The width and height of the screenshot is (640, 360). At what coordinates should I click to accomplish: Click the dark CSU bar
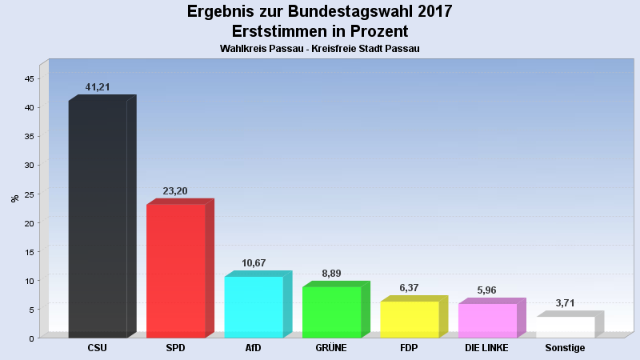[x=98, y=218]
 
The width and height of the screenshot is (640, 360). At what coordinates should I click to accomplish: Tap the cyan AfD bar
[x=254, y=306]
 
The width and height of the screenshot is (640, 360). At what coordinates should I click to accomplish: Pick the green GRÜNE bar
[x=331, y=312]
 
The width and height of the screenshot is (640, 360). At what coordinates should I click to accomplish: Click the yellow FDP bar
[x=410, y=319]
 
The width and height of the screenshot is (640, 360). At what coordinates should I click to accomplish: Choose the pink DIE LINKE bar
[x=487, y=320]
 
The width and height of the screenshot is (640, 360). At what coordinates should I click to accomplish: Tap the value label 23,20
[x=176, y=191]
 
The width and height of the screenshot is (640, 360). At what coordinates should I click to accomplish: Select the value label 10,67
[x=254, y=263]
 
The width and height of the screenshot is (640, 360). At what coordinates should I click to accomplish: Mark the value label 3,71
[x=566, y=303]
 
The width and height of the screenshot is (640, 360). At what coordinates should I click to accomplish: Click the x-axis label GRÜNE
[x=331, y=348]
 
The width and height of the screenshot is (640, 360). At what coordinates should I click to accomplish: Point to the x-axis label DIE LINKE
[x=487, y=348]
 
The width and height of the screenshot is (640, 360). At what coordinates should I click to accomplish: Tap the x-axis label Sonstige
[x=565, y=348]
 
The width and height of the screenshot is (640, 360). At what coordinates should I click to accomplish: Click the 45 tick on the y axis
[x=29, y=78]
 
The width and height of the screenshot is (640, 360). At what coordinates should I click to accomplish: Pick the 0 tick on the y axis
[x=31, y=338]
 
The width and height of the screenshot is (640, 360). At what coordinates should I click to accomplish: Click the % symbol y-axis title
[x=14, y=198]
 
